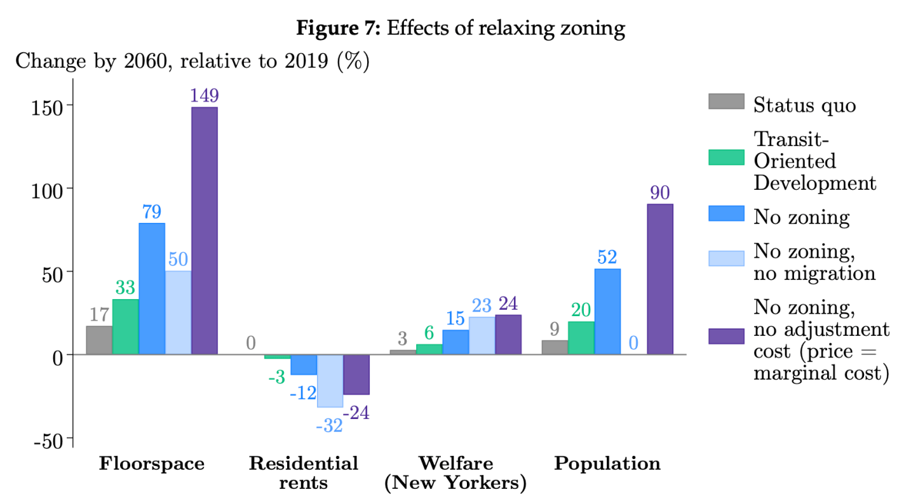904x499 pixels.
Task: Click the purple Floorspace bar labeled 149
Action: tap(205, 230)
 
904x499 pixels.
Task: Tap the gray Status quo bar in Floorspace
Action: tap(99, 340)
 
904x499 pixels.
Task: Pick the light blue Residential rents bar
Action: tap(330, 380)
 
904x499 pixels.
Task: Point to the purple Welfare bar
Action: tap(508, 335)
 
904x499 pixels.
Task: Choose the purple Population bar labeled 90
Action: tap(660, 279)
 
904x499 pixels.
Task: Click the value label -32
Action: tap(329, 425)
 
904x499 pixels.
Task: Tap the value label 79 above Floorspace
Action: tap(151, 211)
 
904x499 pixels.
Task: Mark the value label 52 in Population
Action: tap(607, 257)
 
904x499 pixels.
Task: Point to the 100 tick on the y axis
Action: tap(48, 189)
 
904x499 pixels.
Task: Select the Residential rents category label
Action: tap(303, 472)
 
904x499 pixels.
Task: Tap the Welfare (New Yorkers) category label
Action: tap(455, 472)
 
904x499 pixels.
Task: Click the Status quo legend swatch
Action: tap(726, 102)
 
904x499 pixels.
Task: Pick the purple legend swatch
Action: tap(726, 336)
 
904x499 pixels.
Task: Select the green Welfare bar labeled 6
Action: tap(429, 349)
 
